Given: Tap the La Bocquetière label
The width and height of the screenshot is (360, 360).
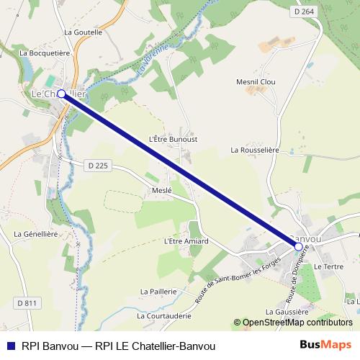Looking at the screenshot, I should (x=44, y=53).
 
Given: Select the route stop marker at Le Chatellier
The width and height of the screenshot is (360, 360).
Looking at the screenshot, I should (x=61, y=94).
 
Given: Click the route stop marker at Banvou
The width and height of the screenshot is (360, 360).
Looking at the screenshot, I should (x=298, y=246).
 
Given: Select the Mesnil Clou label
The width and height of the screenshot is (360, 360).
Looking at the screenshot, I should (x=256, y=83).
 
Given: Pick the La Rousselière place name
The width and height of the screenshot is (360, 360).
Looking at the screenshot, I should (x=254, y=150).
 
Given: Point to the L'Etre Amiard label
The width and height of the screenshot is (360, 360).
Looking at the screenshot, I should (x=186, y=241).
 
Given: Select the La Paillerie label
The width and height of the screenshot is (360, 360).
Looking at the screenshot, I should (x=158, y=291).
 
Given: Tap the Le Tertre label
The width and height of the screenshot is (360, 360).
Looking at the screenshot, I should (x=328, y=266).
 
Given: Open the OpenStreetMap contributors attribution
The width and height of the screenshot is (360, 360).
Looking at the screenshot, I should (x=297, y=323).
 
